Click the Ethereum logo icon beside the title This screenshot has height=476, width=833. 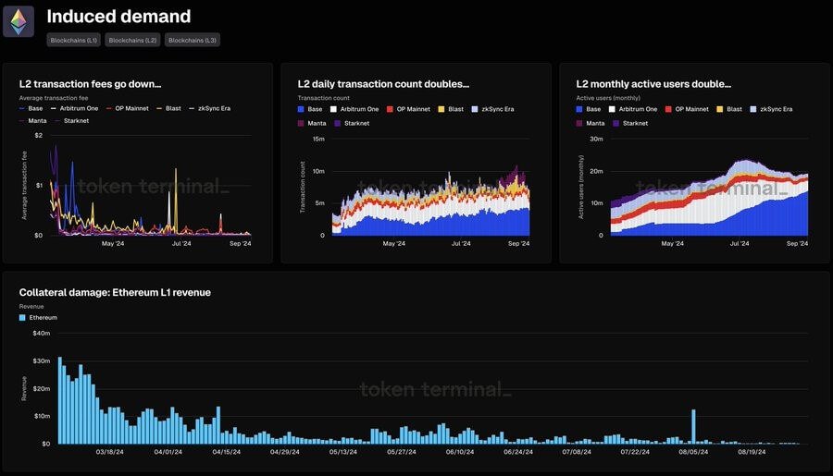click(19, 21)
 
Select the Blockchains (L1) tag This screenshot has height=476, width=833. click(75, 40)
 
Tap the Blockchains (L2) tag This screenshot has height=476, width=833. click(133, 40)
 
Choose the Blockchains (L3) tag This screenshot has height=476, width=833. click(193, 40)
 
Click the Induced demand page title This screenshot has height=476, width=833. click(118, 17)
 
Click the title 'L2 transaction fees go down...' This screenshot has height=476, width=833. click(90, 84)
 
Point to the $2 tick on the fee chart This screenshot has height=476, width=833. click(38, 135)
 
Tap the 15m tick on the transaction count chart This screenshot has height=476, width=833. click(317, 139)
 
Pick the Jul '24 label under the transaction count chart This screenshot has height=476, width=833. click(460, 244)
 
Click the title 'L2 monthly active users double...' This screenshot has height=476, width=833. click(653, 84)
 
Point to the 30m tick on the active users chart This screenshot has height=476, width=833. click(597, 139)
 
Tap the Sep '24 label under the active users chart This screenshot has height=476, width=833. click(797, 244)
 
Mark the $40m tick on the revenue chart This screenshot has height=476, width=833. click(41, 333)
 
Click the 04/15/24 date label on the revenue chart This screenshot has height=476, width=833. click(226, 453)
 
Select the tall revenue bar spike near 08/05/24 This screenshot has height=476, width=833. click(692, 426)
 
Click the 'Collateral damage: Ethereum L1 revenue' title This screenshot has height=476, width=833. click(115, 293)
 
